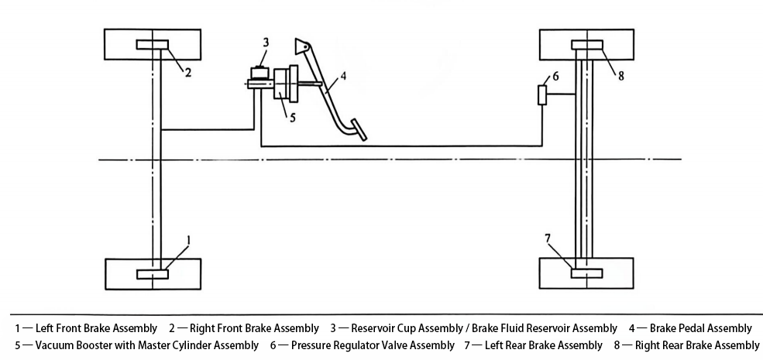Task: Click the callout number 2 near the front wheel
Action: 187,72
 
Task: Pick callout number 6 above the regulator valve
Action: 555,77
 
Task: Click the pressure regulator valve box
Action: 543,95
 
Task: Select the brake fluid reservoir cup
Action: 259,74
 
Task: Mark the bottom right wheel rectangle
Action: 587,273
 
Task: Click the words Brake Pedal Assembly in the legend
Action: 700,328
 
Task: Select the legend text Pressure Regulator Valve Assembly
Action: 373,345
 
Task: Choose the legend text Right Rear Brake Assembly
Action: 696,345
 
